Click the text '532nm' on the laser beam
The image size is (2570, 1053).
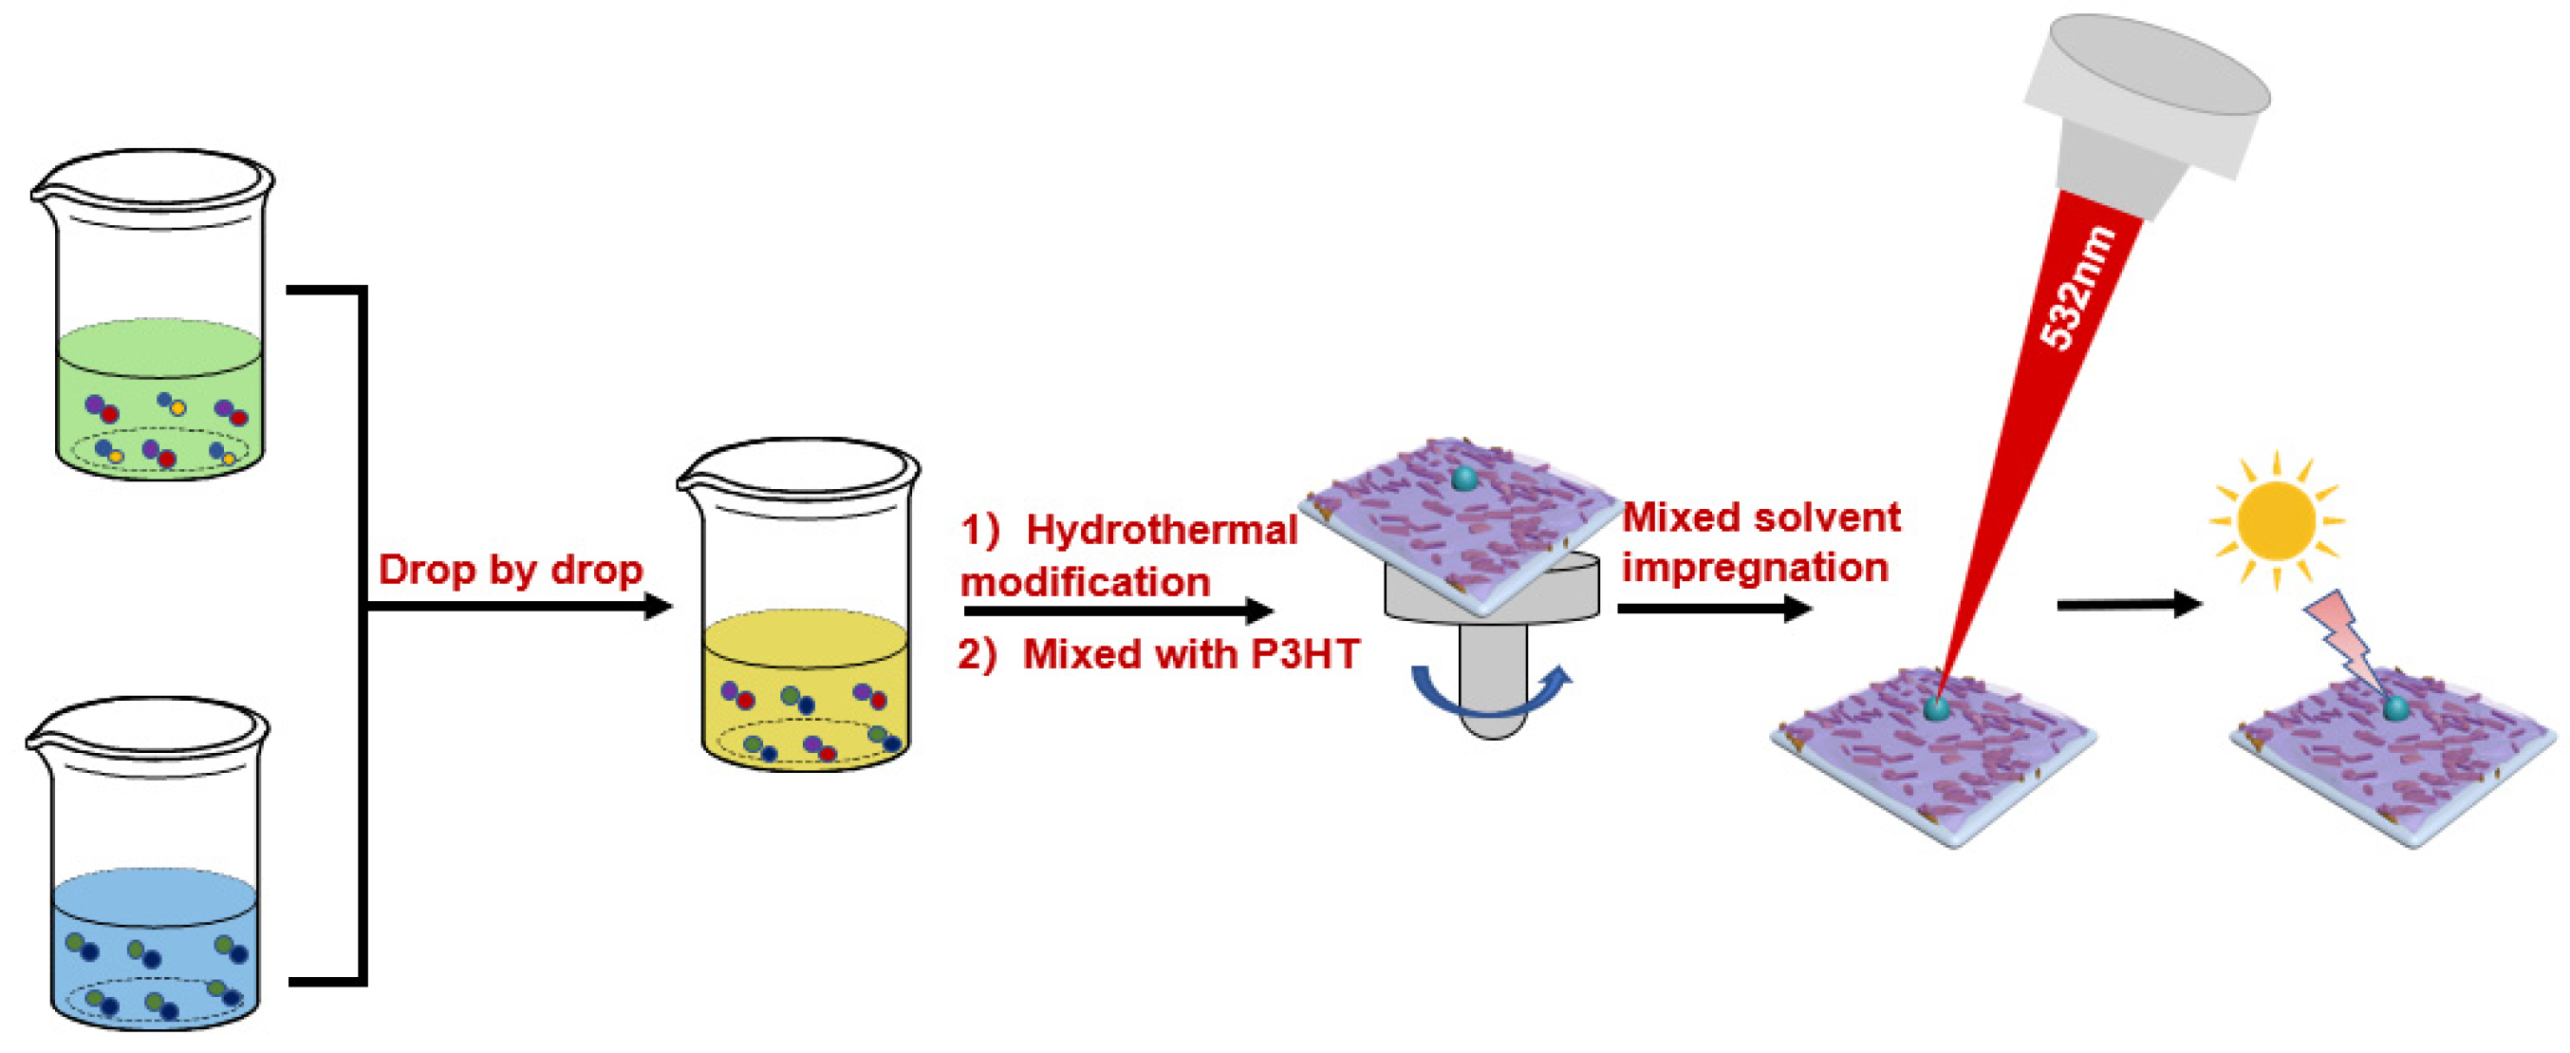pyautogui.click(x=2077, y=290)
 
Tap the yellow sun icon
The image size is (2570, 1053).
pyautogui.click(x=2276, y=521)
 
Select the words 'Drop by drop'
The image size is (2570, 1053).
pyautogui.click(x=511, y=570)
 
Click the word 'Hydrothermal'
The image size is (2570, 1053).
pyautogui.click(x=1162, y=530)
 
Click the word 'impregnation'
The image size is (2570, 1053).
pyautogui.click(x=1755, y=567)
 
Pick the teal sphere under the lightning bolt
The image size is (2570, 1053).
pyautogui.click(x=2395, y=708)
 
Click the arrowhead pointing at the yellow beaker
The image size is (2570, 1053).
pyautogui.click(x=659, y=606)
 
